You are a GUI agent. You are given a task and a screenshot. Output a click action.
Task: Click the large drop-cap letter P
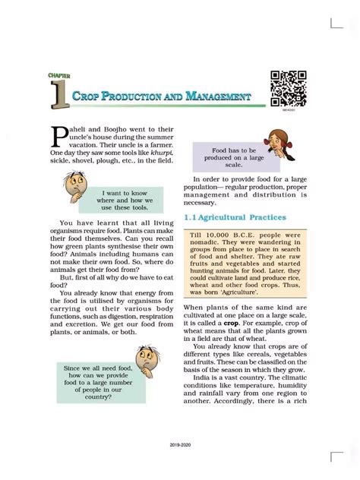[61, 136]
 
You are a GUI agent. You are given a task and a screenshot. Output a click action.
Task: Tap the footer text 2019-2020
[179, 462]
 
